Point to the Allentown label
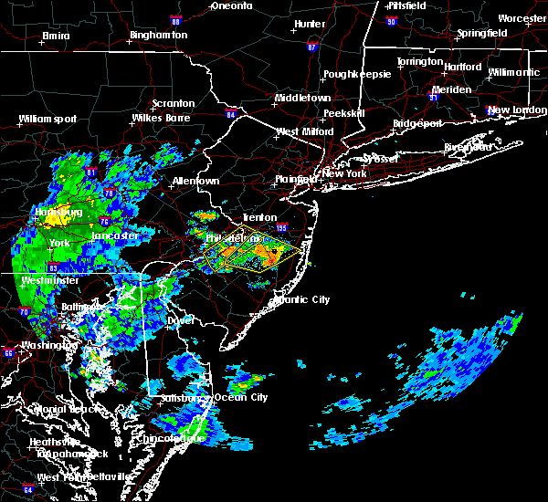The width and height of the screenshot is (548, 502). [x=195, y=181]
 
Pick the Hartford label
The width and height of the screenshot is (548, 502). [x=463, y=67]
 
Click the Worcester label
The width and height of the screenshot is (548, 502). [x=522, y=18]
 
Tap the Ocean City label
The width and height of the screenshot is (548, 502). [x=241, y=398]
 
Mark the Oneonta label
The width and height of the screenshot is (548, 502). [x=232, y=5]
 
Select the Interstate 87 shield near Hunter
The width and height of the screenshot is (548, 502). [x=312, y=47]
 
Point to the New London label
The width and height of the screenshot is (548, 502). [x=511, y=110]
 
